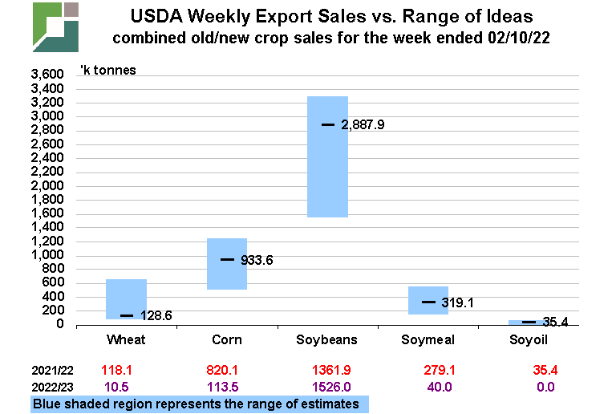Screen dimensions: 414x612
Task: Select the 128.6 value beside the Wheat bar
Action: (156, 316)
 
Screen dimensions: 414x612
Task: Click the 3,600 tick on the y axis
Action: (47, 75)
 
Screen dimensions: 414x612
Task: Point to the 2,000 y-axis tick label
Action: (47, 185)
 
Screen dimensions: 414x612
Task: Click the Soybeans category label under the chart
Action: (327, 340)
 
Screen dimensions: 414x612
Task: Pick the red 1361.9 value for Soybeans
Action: (327, 371)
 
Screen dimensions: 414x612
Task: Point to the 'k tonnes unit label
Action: (107, 70)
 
